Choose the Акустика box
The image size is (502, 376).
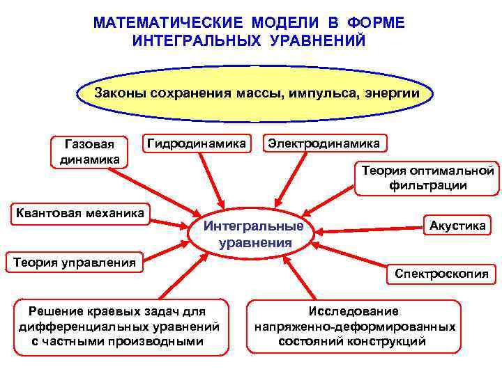[457, 225]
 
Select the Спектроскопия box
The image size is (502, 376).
[441, 274]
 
